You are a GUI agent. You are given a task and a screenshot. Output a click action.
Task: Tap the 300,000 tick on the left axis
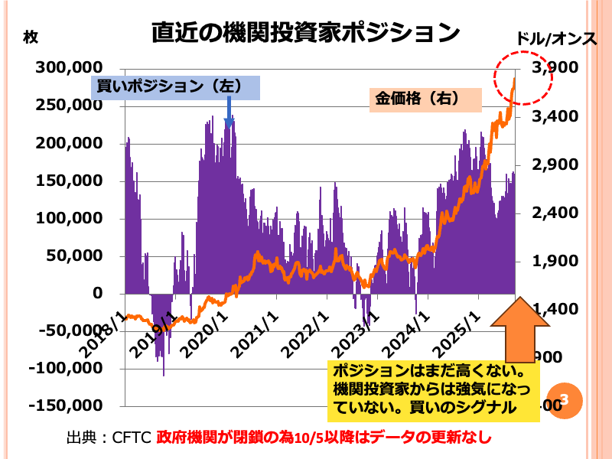[69, 68]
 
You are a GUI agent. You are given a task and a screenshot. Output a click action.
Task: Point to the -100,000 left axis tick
[66, 368]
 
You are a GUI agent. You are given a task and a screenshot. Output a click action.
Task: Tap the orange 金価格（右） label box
[425, 99]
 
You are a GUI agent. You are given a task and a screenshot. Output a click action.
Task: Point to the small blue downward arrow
[228, 115]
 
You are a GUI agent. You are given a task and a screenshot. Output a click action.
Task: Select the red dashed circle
[522, 76]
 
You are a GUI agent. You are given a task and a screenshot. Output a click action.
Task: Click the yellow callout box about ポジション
[433, 390]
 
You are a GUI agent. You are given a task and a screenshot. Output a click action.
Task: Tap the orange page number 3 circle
[565, 399]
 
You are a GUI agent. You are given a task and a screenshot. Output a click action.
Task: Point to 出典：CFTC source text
[109, 438]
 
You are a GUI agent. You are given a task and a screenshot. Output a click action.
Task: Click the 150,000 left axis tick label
[69, 181]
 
